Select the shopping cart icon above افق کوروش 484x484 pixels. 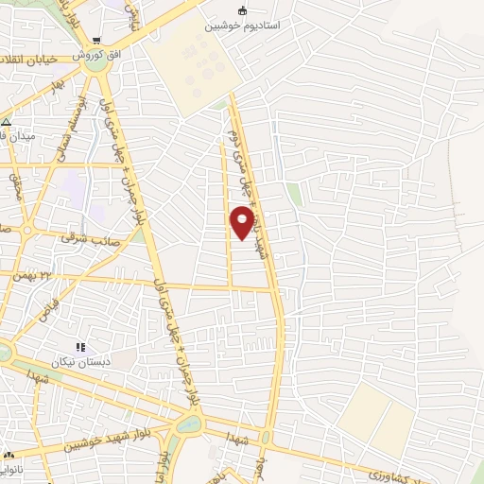pos(98,41)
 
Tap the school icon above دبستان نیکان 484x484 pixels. pos(80,347)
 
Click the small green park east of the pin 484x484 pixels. pos(295,193)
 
